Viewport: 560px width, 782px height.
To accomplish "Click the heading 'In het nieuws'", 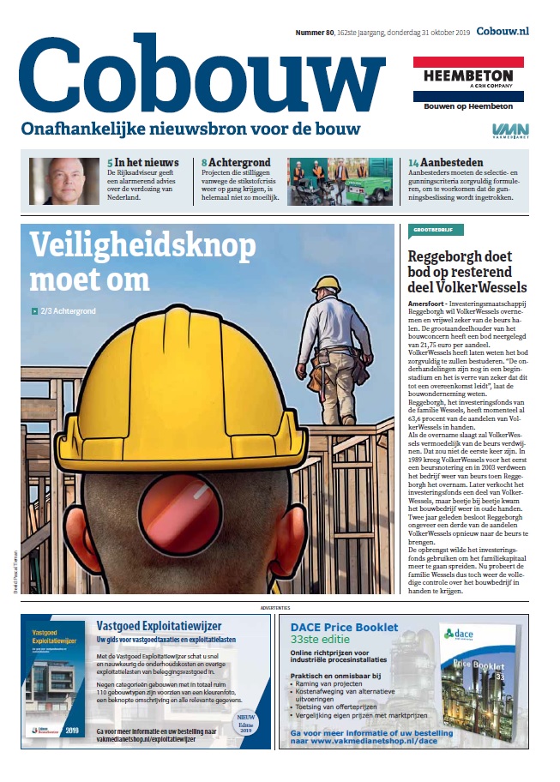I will click(x=147, y=162).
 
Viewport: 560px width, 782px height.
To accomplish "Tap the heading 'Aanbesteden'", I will click(x=451, y=162).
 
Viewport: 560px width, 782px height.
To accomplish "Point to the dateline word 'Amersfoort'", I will click(x=431, y=304).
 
